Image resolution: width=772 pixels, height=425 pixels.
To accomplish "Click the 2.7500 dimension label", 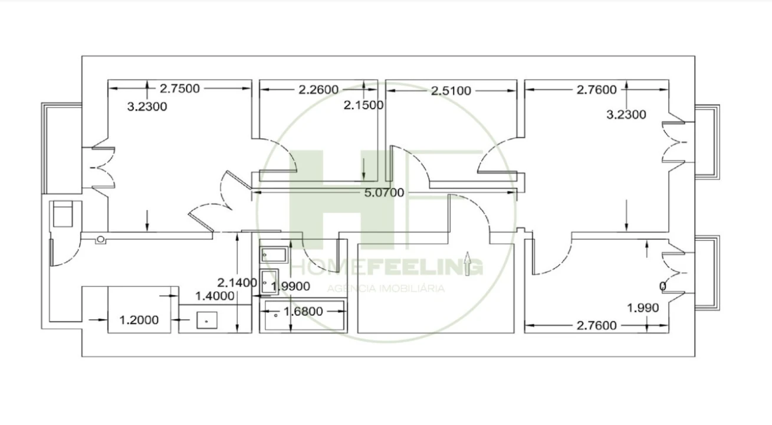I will pos(180,89).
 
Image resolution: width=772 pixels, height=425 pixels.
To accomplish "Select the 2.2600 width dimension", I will pos(318,90).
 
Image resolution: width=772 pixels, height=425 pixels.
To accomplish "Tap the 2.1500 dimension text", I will pos(364,105).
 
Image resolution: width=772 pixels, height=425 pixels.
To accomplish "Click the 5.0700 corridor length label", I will pos(385,192).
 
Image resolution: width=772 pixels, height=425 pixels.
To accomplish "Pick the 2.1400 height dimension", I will pos(237,282).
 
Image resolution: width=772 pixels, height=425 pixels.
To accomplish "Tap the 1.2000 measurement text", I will pos(139,320).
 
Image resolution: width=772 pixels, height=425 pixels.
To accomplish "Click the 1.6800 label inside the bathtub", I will pos(304,310).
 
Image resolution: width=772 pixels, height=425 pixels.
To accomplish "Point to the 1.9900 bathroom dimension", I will pos(291,286).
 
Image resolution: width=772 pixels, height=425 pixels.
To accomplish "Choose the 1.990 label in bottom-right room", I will pos(643,308).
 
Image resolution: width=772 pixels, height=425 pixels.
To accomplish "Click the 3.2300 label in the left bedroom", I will pos(147,107).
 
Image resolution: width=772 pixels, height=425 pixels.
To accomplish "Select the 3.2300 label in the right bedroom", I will pos(626,115).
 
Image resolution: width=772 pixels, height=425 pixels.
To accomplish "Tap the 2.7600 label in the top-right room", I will pos(597,90).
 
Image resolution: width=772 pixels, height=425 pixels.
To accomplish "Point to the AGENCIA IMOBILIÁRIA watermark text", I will pos(385,289).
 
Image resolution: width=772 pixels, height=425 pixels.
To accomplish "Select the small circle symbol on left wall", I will pos(101,239).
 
